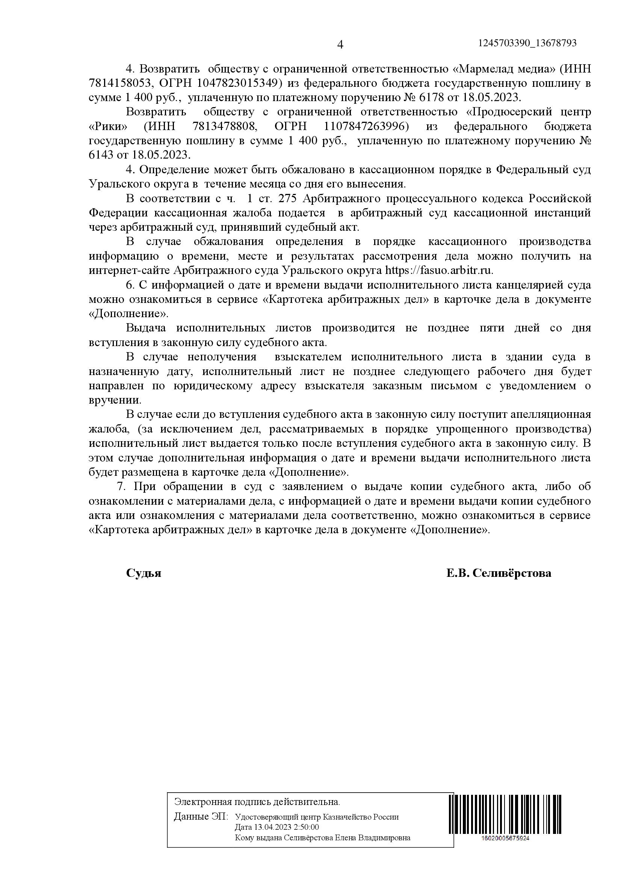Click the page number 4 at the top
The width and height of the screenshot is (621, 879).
point(340,45)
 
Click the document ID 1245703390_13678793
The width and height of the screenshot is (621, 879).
point(527,43)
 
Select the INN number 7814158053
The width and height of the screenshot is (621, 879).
point(119,83)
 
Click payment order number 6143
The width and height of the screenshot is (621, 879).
point(101,155)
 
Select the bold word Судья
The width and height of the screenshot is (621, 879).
point(144,584)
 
